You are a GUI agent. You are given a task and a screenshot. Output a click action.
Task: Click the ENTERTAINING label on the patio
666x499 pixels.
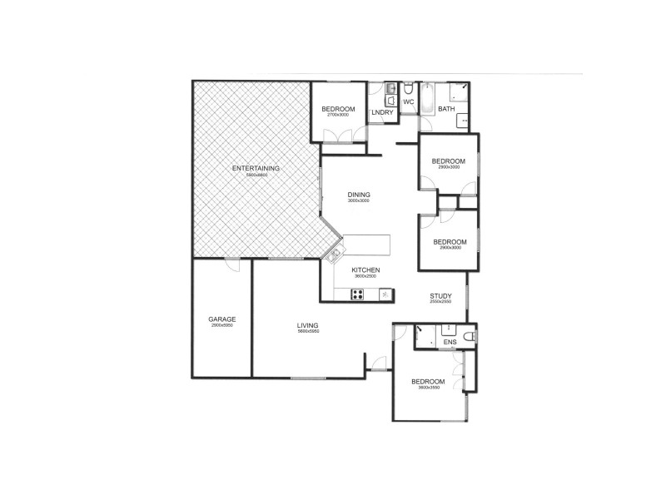pos(256,168)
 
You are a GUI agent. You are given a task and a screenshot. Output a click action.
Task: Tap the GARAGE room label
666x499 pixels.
pos(222,319)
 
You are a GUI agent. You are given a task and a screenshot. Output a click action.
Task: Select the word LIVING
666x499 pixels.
pos(308,325)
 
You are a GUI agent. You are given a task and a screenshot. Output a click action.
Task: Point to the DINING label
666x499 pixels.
pos(359,195)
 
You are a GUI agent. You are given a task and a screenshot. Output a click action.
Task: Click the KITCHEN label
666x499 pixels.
pos(365,270)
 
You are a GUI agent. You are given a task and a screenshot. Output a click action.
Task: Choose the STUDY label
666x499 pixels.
pos(440,295)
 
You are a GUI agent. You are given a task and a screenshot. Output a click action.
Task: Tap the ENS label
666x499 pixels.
pos(450,342)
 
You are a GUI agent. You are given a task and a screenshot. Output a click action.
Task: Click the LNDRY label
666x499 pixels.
pos(382,111)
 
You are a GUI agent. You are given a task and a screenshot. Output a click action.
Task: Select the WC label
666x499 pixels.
pos(409,101)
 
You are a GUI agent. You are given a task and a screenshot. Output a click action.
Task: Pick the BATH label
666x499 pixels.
pos(446,109)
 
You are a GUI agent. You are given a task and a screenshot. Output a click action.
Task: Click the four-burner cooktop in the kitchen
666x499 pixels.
pos(358,293)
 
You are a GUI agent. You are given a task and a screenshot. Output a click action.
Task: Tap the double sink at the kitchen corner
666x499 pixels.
pos(336,252)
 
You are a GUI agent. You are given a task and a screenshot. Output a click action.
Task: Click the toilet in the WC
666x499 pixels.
pos(408,90)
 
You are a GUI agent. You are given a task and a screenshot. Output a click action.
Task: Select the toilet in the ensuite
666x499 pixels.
pos(469,337)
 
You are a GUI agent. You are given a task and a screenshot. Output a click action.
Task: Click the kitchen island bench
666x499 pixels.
pos(366,245)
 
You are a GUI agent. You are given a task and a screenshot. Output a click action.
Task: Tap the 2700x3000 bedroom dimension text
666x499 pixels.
pos(339,116)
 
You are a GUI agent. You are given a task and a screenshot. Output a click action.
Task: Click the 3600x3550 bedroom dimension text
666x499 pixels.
pos(428,388)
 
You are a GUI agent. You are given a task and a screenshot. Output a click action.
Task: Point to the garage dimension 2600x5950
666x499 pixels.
pos(222,325)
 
